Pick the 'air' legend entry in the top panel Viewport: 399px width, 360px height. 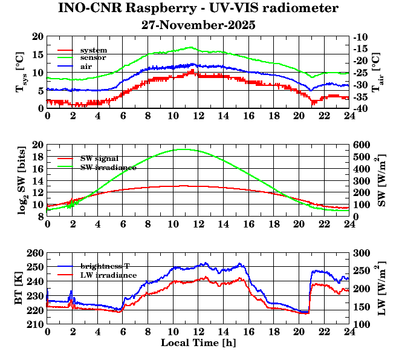[86, 65]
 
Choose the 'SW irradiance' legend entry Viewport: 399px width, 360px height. [108, 166]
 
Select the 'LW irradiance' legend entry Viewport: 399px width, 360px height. [108, 275]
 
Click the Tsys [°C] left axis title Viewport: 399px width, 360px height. [21, 72]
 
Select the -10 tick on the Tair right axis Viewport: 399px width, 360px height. [362, 36]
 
